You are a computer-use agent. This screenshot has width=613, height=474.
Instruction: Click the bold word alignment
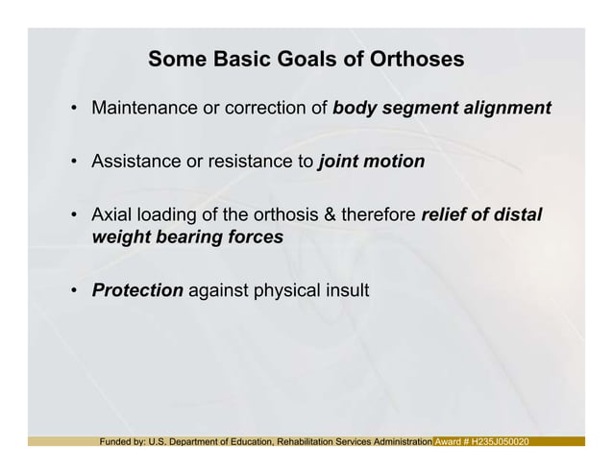click(x=509, y=109)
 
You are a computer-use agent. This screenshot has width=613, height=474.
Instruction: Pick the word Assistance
click(x=136, y=162)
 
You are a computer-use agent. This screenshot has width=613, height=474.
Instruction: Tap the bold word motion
click(x=395, y=162)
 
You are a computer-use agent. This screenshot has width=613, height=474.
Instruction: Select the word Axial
click(x=110, y=215)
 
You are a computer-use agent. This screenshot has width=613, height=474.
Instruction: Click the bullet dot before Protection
click(x=73, y=290)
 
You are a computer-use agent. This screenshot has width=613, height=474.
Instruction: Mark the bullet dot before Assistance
click(x=73, y=162)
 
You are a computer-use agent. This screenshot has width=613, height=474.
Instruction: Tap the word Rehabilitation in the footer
click(x=312, y=441)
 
